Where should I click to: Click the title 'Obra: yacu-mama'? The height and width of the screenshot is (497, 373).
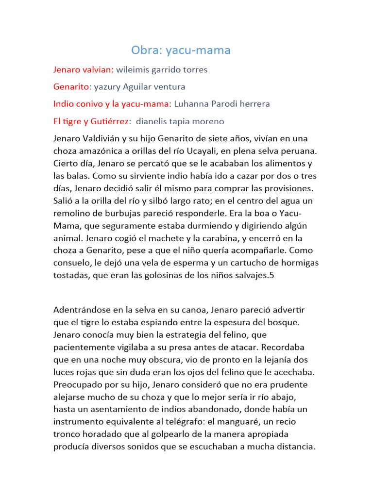pos(181,50)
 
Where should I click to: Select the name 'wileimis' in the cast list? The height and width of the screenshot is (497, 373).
pos(133,70)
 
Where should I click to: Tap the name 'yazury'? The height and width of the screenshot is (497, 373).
pos(109,87)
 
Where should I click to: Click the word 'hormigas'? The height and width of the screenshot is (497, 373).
pos(299,263)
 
